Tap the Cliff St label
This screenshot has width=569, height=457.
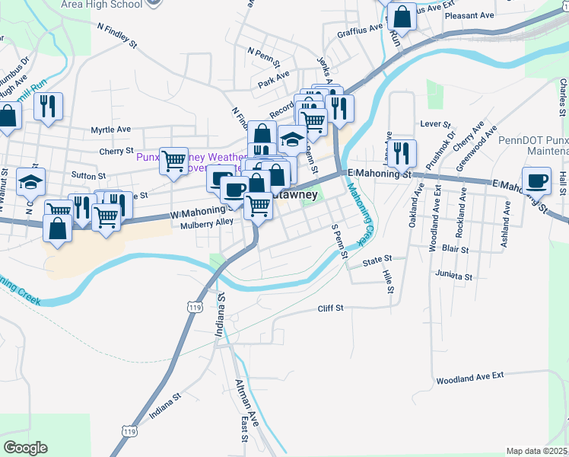coord(331,308)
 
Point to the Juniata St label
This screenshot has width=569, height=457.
coord(454,275)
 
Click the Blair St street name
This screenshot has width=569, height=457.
coord(455,249)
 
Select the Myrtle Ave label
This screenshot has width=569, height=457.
coord(111,130)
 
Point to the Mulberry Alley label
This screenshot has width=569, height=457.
coord(207,224)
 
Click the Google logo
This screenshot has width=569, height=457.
coord(25,448)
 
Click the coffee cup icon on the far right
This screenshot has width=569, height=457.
coord(537,181)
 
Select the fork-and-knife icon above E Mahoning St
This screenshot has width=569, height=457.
coord(401,152)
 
